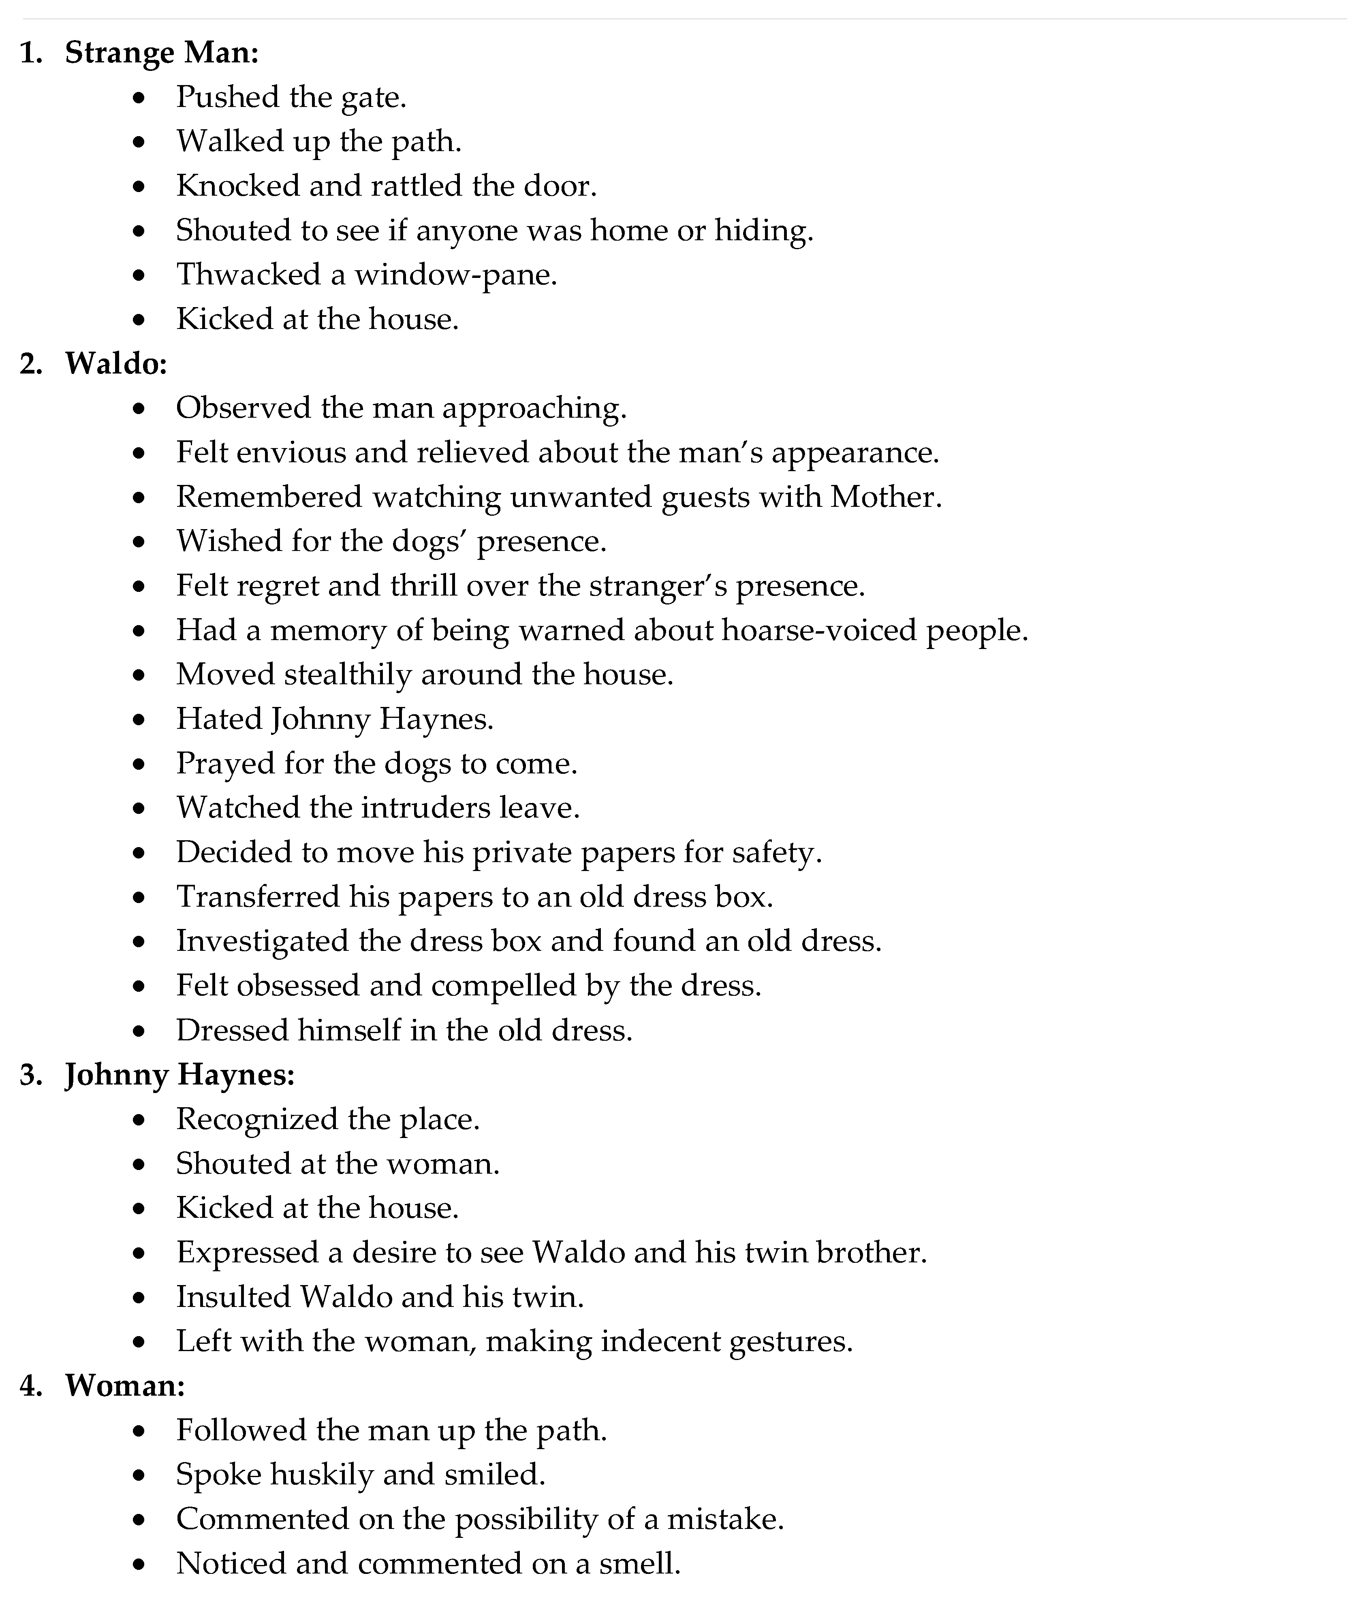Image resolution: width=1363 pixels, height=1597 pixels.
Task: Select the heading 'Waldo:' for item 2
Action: (115, 363)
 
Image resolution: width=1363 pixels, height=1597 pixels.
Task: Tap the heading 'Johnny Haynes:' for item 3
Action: (179, 1074)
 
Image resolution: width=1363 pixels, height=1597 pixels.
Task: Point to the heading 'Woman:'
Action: (125, 1386)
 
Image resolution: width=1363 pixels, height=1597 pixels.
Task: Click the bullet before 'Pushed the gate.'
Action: (139, 98)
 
